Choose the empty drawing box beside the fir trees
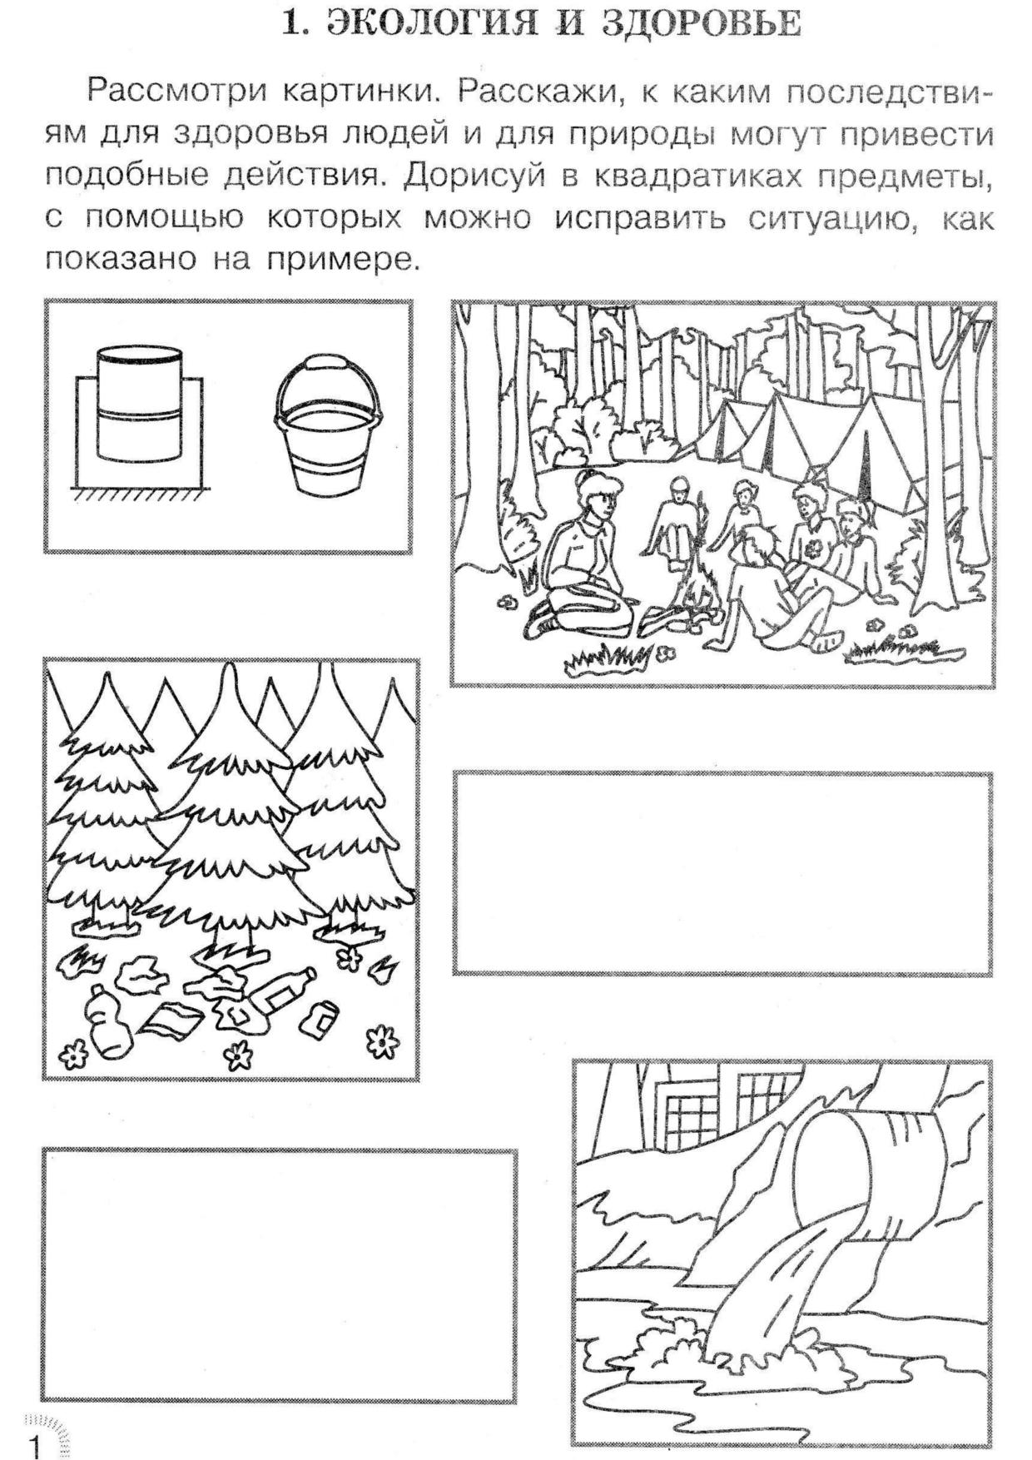(722, 873)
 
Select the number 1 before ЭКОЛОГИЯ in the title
(292, 24)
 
